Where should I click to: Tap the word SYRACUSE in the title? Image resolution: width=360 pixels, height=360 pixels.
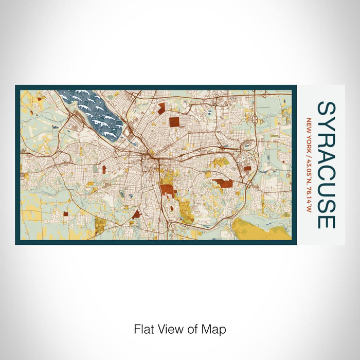coord(326,165)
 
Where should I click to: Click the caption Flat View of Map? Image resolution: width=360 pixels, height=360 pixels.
coord(180,329)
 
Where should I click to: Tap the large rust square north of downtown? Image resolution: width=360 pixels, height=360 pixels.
coord(175,121)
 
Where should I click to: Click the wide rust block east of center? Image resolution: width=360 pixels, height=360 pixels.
coord(223,183)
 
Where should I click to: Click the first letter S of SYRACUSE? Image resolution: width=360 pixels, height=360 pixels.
coord(326,109)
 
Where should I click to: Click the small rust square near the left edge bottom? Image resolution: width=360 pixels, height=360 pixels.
coord(65,213)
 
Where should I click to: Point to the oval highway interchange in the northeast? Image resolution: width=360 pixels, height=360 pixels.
coord(255,119)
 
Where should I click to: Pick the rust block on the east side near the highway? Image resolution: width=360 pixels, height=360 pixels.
coord(247,168)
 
